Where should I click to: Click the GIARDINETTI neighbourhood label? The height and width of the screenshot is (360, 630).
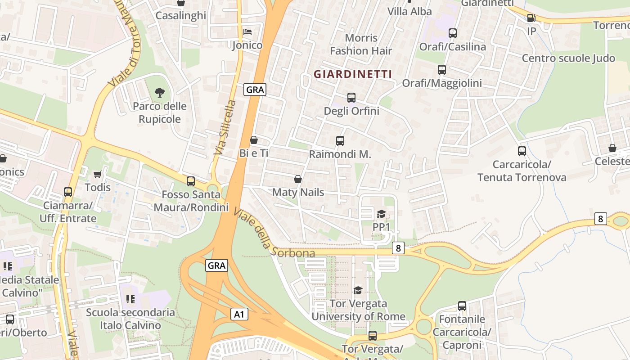(x=353, y=74)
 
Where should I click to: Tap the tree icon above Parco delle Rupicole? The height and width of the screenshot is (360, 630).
(x=159, y=93)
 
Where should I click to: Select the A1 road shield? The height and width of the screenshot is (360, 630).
(x=239, y=314)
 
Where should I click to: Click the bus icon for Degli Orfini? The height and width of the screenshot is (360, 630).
(x=351, y=97)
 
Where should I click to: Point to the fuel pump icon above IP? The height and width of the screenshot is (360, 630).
(x=531, y=18)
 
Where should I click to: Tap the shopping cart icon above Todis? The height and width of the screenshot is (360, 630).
(x=97, y=174)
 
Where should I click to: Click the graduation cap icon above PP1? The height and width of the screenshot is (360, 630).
(x=381, y=214)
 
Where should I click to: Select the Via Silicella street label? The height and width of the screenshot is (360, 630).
(x=225, y=128)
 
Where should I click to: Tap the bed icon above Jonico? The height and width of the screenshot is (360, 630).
(x=247, y=32)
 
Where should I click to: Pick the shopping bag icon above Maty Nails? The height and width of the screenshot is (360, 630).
(x=297, y=179)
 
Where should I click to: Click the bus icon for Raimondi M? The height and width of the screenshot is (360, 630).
(x=340, y=141)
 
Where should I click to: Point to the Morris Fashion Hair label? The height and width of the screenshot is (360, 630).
(x=361, y=44)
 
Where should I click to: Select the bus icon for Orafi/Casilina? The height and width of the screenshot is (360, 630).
(x=453, y=33)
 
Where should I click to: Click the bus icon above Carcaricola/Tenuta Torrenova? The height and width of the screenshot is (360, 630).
(x=522, y=151)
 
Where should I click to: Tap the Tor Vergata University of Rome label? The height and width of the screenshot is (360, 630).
(x=358, y=310)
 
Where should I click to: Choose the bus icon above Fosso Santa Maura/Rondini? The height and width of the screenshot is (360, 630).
(x=191, y=181)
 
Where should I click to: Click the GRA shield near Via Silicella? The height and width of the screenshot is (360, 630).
(x=255, y=90)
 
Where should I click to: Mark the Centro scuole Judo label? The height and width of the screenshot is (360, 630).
(x=568, y=58)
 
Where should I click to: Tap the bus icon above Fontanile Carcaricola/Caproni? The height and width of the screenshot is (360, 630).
(x=462, y=306)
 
